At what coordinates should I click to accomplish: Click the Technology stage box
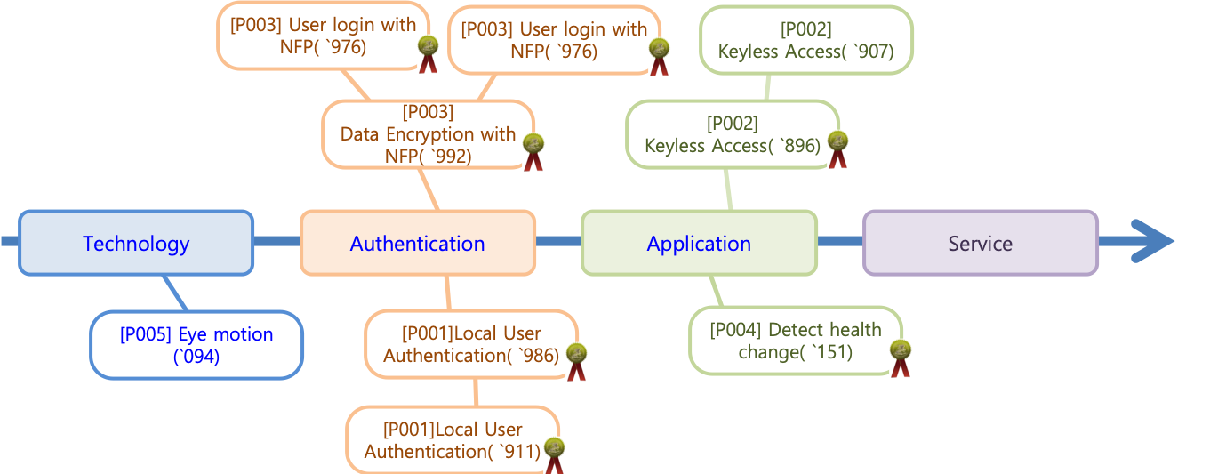coord(136,243)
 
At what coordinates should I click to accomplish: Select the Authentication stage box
coord(417,243)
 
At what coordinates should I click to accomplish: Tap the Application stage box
coord(699,243)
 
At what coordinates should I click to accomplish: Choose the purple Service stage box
coord(981,243)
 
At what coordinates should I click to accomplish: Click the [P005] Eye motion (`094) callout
coord(196,345)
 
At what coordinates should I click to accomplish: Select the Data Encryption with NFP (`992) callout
coord(428,133)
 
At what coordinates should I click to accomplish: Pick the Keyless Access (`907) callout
coord(805,40)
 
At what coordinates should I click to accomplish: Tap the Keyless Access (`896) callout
coord(732,134)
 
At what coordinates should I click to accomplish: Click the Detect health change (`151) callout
coord(795,341)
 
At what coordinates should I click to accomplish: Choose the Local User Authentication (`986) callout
coord(470,344)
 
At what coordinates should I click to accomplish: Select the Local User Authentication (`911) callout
coord(452,440)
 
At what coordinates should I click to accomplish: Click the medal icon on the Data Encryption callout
coord(533,151)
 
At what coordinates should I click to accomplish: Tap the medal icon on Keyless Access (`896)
coord(838,149)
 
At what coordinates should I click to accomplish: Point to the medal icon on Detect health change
coord(901,358)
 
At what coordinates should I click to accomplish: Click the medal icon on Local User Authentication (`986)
coord(577,361)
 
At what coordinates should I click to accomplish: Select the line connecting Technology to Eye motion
coord(175,293)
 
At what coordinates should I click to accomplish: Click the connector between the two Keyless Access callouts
coord(766,86)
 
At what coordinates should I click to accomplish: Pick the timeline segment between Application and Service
coord(840,241)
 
